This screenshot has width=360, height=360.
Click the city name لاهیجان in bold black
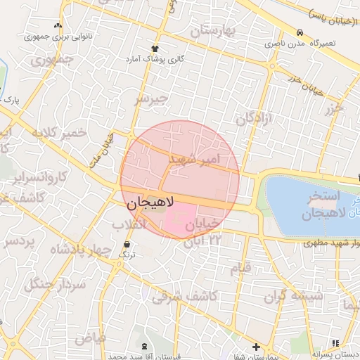pos(151,205)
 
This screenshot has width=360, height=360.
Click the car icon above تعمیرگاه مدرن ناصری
pos(300,32)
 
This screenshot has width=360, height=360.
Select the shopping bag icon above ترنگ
pos(126,245)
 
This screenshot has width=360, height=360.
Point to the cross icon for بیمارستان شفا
pos(256,347)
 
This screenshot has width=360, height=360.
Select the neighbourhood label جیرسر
pos(153,99)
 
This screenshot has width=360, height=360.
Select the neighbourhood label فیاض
pos(91,337)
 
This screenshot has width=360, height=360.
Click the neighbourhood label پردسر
pos(20,241)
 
